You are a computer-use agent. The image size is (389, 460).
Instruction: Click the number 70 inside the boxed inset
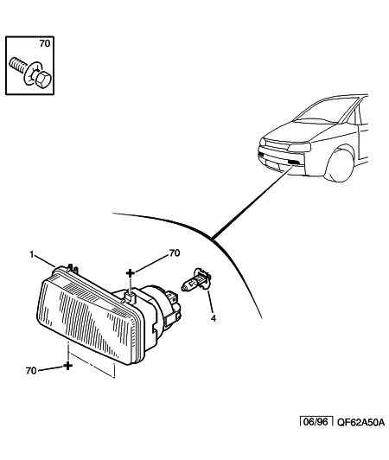[x=45, y=44]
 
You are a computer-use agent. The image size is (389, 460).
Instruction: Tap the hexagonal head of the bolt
[x=43, y=79]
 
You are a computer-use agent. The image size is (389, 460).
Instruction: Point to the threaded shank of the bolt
[x=17, y=65]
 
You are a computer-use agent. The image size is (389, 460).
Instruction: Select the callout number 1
[x=32, y=254]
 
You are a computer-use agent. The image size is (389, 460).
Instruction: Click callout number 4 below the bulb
[x=214, y=318]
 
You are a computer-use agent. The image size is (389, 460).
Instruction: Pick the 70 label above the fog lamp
[x=175, y=252]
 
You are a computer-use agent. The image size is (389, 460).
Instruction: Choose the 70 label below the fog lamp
[x=31, y=371]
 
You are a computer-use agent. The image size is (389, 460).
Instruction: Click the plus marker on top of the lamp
[x=131, y=273]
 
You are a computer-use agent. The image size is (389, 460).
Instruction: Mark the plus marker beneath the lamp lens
[x=67, y=366]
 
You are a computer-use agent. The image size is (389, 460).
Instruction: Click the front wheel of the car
[x=340, y=166]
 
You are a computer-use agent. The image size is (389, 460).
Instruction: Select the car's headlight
[x=299, y=147]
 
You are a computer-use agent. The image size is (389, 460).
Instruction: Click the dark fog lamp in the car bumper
[x=294, y=163]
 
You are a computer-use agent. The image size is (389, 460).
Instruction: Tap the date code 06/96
[x=316, y=422]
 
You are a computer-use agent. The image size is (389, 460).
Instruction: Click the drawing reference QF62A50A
[x=360, y=422]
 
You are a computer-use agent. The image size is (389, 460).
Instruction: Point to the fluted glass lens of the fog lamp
[x=87, y=321]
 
